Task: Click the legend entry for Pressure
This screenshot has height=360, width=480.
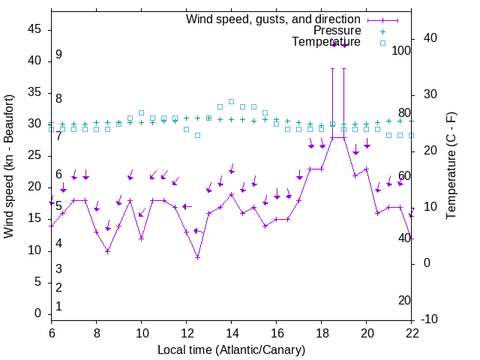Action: click(337, 31)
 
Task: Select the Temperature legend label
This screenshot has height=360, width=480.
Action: click(326, 42)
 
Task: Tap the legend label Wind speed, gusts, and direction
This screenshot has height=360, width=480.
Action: click(273, 19)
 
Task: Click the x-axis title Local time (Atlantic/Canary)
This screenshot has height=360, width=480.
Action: click(231, 350)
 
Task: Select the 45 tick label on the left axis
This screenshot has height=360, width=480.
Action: click(35, 29)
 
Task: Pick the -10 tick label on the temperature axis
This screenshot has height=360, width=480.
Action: click(431, 319)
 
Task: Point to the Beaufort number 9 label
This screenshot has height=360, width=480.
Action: click(58, 55)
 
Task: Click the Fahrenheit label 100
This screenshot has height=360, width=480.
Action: click(402, 51)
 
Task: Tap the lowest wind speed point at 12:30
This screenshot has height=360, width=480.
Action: click(197, 257)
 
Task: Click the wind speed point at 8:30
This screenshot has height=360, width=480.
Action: click(107, 251)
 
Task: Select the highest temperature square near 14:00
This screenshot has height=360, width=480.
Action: click(231, 101)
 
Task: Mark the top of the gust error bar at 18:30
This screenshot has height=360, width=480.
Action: click(332, 68)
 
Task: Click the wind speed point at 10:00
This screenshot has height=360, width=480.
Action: click(141, 238)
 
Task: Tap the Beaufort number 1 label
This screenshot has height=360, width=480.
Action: click(58, 307)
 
